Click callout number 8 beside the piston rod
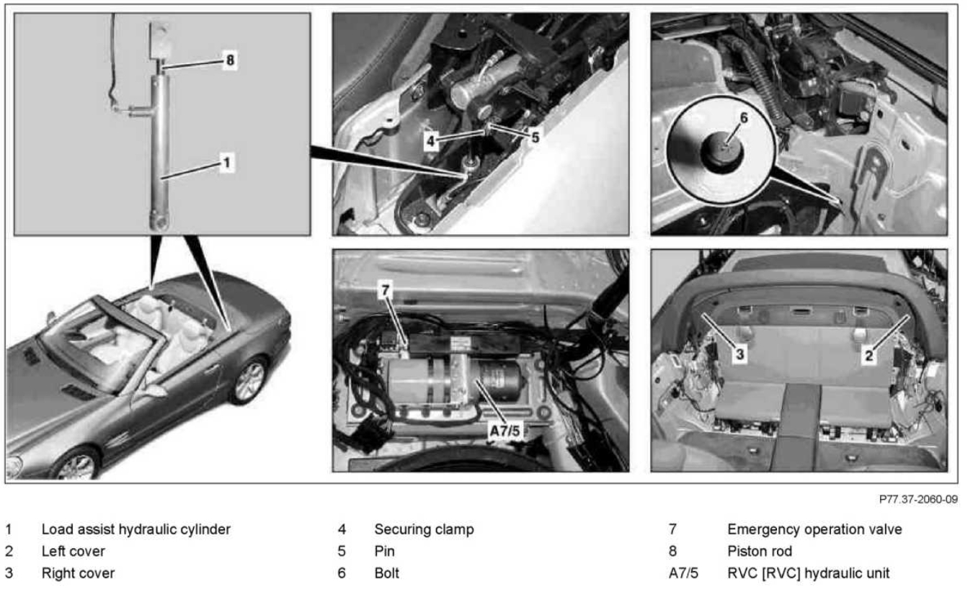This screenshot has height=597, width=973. [230, 60]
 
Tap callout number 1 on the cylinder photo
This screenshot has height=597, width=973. [226, 163]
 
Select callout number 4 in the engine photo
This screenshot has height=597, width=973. [430, 143]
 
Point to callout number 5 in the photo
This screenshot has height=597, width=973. [534, 137]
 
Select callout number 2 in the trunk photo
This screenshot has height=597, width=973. [869, 354]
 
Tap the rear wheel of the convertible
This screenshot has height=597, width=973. [249, 380]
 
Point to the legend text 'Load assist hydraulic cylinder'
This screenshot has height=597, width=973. [136, 529]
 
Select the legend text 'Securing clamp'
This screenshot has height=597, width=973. [424, 529]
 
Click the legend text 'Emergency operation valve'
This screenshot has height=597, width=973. [814, 529]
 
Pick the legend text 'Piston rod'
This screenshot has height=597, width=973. [760, 552]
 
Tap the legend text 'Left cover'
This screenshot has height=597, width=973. [73, 552]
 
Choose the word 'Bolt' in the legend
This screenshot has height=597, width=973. [386, 573]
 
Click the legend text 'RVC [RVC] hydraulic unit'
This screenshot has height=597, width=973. [809, 573]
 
